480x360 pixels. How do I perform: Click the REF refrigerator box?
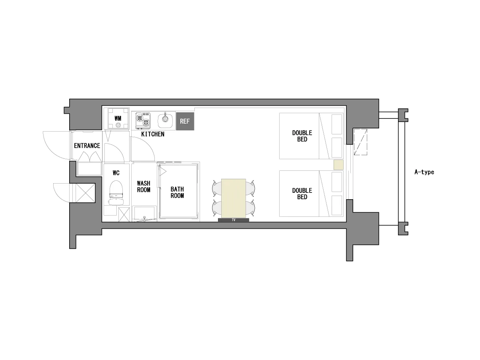tap(185, 121)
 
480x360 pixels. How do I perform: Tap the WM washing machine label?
tap(118, 118)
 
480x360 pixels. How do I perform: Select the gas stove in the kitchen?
tap(143, 120)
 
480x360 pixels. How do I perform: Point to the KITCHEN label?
tap(153, 134)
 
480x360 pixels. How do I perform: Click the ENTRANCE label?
tap(87, 146)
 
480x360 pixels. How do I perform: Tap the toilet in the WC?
tap(116, 192)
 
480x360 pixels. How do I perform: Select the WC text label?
tap(116, 173)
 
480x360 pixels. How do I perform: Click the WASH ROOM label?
tap(144, 186)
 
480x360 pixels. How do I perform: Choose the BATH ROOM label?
tap(177, 192)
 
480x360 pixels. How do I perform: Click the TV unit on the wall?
tap(234, 220)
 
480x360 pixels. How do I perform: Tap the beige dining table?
tap(234, 198)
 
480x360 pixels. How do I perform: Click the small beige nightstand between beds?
tap(338, 165)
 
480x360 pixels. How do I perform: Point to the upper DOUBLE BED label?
tap(302, 136)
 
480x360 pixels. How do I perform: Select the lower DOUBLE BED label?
tap(302, 194)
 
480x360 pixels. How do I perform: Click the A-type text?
tap(424, 172)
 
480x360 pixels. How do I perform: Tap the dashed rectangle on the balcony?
tap(360, 142)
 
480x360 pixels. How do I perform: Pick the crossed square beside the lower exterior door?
tap(86, 193)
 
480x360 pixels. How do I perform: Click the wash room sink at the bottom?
tap(144, 214)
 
